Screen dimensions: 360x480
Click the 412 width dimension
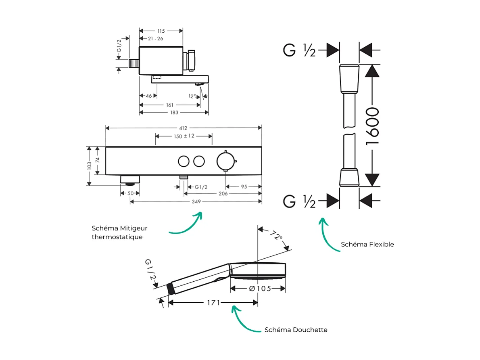tap(183, 128)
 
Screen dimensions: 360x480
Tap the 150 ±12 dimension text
tap(184, 136)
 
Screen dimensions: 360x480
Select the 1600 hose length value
tap(372, 126)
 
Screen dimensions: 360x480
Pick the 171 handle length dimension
tap(214, 302)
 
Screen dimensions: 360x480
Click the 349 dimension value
tap(195, 201)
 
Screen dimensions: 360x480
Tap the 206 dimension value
tap(223, 194)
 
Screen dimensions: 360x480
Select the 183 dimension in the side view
tap(174, 113)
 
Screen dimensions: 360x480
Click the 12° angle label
tap(192, 96)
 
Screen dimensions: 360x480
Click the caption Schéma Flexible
tap(367, 244)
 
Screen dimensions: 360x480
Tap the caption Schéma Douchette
tap(296, 330)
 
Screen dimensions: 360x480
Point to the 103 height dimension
tap(89, 166)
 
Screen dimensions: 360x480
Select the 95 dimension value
tap(243, 186)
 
